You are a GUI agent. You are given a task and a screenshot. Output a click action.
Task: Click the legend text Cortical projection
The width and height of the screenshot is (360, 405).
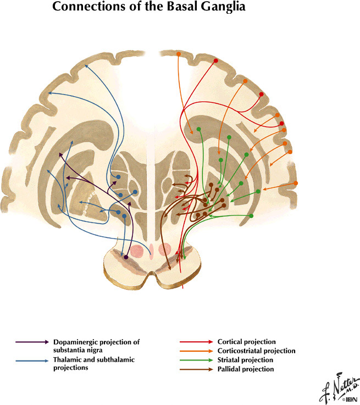tap(246, 342)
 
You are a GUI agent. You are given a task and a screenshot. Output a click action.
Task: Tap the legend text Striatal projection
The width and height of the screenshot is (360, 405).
tap(245, 360)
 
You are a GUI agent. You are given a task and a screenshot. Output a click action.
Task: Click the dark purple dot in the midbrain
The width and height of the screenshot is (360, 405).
tap(126, 257)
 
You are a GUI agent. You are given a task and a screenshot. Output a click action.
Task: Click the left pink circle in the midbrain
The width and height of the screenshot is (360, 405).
tap(137, 251)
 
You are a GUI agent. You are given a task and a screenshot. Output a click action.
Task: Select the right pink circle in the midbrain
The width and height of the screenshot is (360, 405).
tap(165, 250)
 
